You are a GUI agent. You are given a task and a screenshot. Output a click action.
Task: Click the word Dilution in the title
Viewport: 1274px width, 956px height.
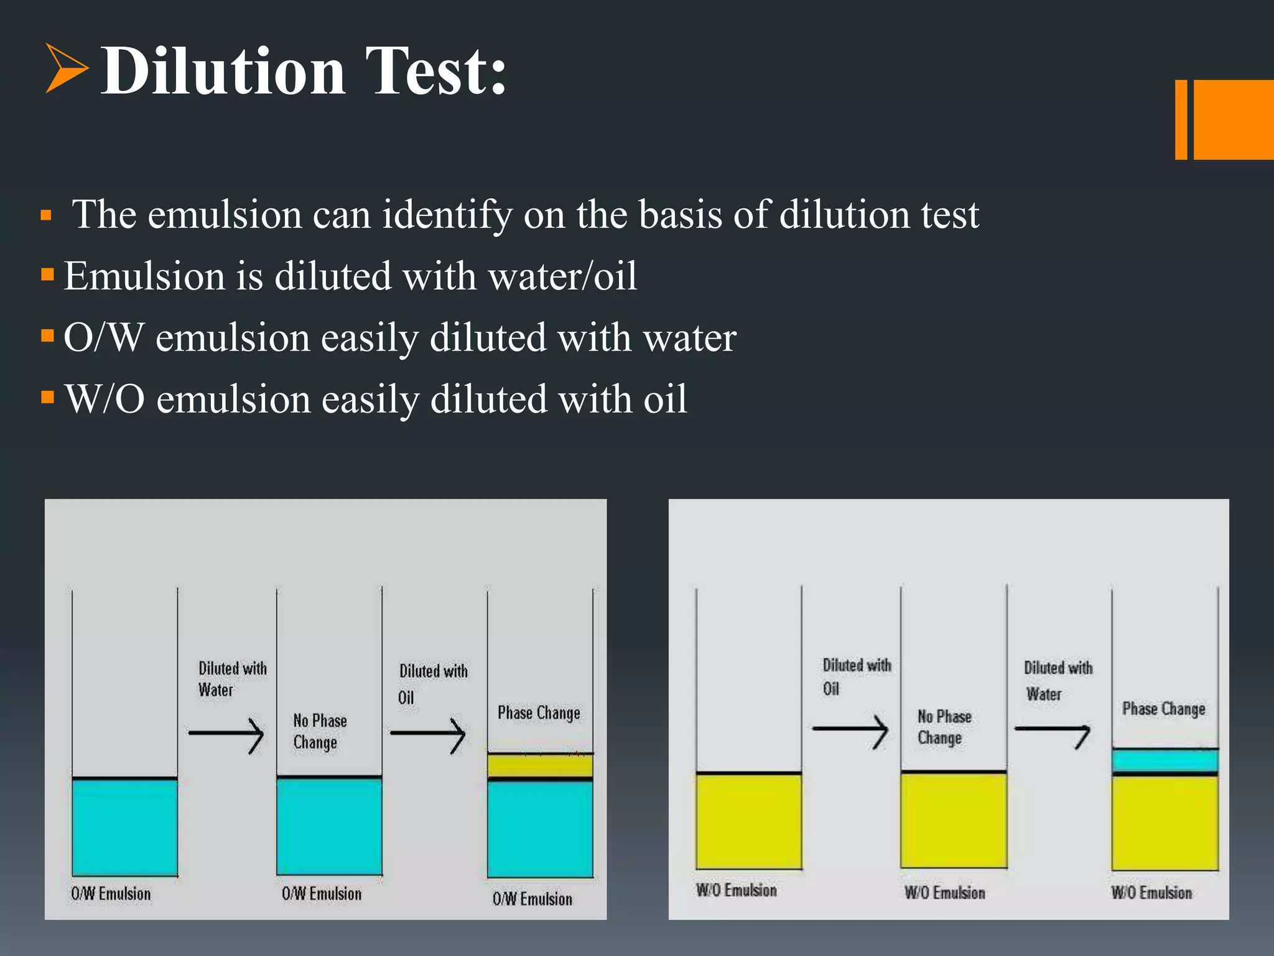[x=223, y=71]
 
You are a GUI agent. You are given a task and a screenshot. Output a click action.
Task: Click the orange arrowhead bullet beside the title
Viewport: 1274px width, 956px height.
[x=66, y=68]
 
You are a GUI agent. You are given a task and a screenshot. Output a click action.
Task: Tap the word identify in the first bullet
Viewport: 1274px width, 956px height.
[x=447, y=215]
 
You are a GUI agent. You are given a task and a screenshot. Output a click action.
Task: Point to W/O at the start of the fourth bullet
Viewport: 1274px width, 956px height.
[x=105, y=399]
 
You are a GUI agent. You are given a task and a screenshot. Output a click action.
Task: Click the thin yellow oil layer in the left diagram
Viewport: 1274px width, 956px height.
[x=540, y=766]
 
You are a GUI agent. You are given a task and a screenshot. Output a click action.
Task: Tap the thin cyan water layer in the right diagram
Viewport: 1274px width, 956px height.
[x=1165, y=761]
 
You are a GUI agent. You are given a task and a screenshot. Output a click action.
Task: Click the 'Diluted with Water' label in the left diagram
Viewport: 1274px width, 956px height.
[x=232, y=679]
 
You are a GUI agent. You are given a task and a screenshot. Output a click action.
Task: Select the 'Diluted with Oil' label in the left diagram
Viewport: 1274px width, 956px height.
[x=433, y=683]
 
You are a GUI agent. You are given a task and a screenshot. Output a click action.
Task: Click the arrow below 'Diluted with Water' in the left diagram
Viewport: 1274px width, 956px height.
[x=226, y=734]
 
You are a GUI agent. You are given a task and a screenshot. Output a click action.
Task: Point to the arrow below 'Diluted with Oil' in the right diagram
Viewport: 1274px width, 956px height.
[x=850, y=730]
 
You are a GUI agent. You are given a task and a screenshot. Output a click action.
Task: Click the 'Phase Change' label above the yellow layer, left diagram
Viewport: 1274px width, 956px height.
[x=539, y=713]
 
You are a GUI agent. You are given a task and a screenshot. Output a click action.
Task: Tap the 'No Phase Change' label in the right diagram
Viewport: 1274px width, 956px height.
[x=944, y=727]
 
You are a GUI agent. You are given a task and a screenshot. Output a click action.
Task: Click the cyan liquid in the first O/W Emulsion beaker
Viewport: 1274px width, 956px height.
[x=124, y=827]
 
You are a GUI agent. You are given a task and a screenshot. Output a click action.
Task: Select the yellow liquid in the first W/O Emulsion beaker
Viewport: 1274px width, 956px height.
[x=748, y=821]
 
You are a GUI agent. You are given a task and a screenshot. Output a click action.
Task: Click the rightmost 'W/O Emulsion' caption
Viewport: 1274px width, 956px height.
[x=1151, y=893]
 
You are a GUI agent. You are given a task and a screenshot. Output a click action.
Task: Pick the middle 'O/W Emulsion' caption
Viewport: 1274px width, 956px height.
[x=322, y=894]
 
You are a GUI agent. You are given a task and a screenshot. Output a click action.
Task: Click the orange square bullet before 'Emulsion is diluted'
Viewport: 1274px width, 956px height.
[x=47, y=274]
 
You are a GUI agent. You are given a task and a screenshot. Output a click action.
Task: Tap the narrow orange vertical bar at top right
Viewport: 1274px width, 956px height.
[x=1181, y=119]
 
